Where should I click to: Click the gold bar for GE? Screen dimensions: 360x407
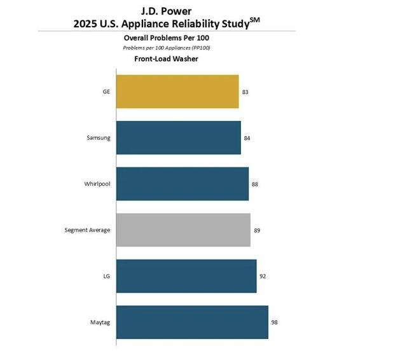(x=177, y=92)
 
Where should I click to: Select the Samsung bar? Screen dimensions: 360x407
(x=179, y=137)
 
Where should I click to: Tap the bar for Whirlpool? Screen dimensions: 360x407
(x=183, y=184)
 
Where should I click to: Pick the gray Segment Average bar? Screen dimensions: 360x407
(x=183, y=230)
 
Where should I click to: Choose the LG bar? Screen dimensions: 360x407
(x=186, y=276)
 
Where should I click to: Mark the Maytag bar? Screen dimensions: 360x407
(x=192, y=322)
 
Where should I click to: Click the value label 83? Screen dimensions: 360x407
(x=245, y=92)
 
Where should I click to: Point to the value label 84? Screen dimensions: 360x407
(x=247, y=138)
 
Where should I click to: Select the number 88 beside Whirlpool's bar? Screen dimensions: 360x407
(x=254, y=184)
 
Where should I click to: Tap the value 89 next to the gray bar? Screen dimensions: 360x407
(x=256, y=230)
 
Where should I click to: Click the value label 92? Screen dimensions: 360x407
(x=262, y=276)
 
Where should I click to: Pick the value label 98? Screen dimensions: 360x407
(x=274, y=322)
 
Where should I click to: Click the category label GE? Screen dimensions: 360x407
(x=106, y=92)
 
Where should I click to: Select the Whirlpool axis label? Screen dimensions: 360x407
(x=97, y=184)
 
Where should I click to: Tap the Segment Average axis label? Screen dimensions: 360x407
(x=87, y=230)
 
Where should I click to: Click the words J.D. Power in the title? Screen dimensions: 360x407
(x=166, y=10)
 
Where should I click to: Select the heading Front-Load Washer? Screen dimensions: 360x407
(x=166, y=59)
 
